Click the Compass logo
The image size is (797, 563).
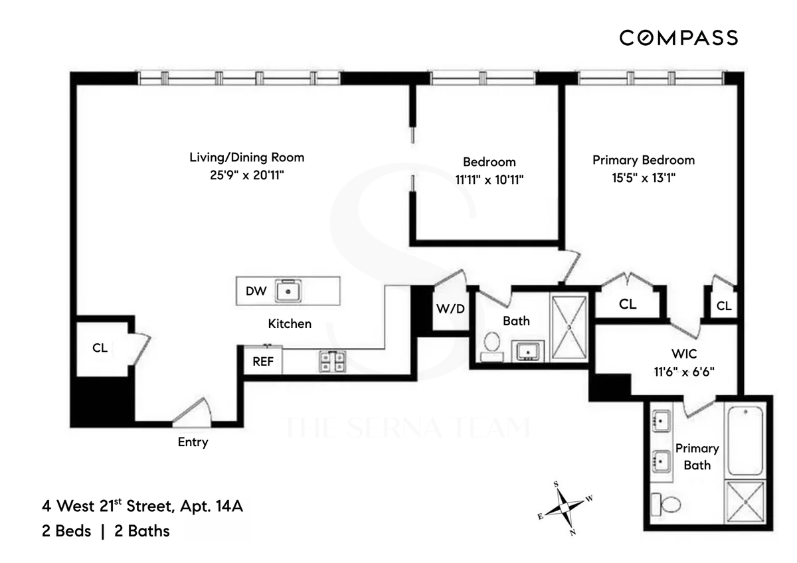click(679, 38)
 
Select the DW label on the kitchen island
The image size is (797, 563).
click(256, 291)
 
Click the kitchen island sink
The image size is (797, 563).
click(288, 291)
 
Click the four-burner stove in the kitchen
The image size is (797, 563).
click(333, 361)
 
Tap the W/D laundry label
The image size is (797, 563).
click(450, 309)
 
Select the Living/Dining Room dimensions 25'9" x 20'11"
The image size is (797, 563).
click(247, 175)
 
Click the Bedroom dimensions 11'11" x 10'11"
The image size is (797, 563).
click(489, 180)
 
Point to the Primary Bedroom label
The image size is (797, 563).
click(644, 160)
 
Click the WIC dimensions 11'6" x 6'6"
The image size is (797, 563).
click(684, 372)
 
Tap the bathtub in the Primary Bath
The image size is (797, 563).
click(745, 440)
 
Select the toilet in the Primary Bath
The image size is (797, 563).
click(665, 505)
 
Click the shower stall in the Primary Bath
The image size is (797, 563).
click(745, 502)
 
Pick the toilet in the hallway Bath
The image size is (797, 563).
click(491, 347)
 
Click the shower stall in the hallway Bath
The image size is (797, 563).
click(569, 327)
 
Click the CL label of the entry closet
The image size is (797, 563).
click(100, 347)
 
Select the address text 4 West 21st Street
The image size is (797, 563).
click(108, 506)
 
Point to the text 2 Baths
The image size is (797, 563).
click(142, 531)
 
